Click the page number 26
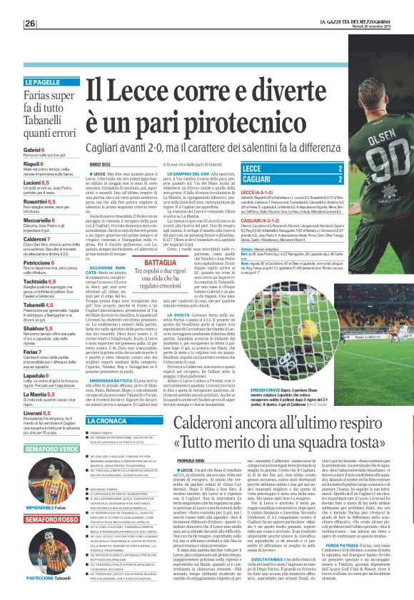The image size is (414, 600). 31,24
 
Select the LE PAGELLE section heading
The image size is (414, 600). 43,82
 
